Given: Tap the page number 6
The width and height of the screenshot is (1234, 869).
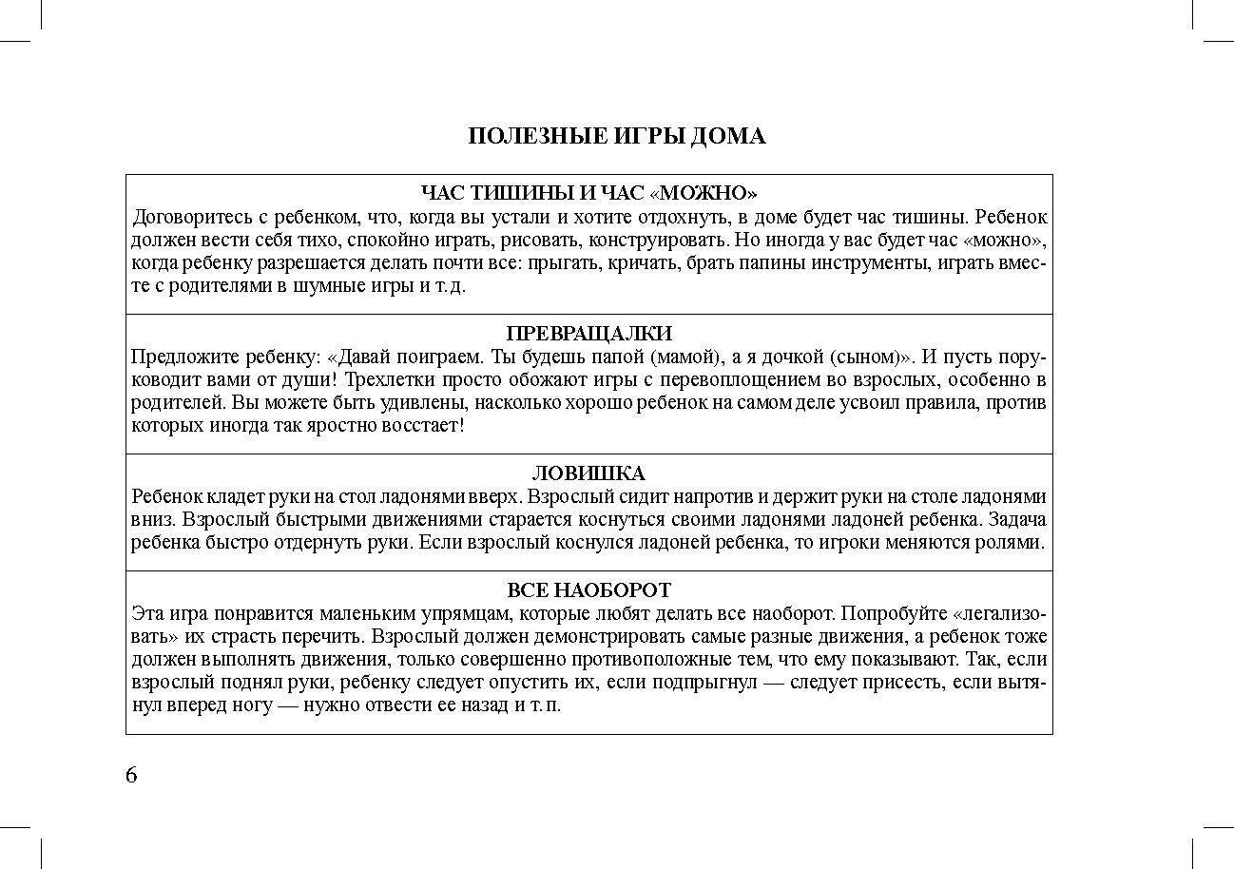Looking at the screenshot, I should [x=131, y=775].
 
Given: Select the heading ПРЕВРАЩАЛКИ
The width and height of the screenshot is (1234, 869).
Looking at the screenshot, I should [x=588, y=334].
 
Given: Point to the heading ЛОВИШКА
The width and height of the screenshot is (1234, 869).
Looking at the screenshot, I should [x=588, y=473].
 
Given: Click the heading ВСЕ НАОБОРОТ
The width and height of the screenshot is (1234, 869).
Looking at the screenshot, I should [x=588, y=590].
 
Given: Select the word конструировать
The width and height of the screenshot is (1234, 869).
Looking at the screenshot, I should [x=657, y=240].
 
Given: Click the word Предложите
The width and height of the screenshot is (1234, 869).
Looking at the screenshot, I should [x=178, y=357].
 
